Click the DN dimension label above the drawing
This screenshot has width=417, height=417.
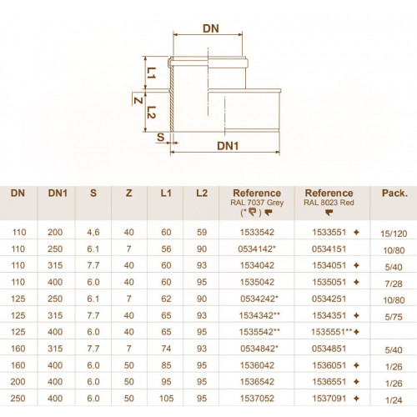click(211, 28)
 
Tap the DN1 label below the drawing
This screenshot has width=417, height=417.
click(228, 146)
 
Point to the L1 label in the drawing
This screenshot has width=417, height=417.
click(152, 73)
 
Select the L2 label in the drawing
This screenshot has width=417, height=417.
click(152, 113)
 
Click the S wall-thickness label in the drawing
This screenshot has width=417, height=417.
click(161, 137)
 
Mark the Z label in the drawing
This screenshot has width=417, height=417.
click(138, 100)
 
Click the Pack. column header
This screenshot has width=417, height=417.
click(394, 193)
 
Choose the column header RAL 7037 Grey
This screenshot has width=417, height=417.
click(257, 203)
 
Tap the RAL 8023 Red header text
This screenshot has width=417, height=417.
click(329, 203)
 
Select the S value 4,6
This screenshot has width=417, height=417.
click(93, 233)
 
